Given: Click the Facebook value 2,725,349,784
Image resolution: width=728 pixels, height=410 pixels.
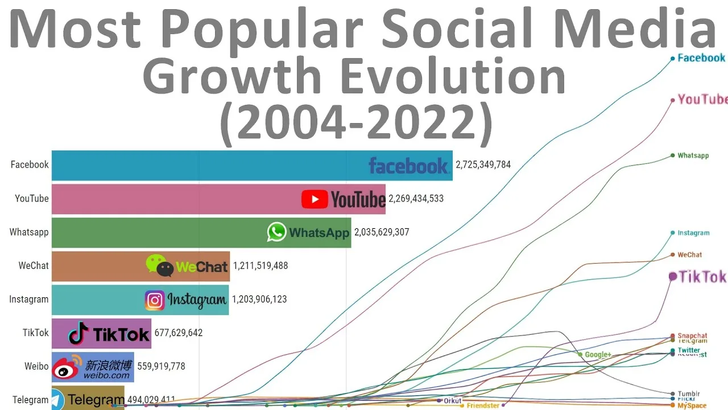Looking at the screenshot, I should click(x=483, y=165).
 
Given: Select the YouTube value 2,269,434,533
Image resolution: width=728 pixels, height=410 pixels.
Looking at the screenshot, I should click(x=416, y=199).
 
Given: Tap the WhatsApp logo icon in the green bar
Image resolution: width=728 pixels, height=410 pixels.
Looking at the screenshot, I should click(x=276, y=232).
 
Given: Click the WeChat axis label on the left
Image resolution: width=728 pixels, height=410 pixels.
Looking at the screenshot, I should click(x=34, y=266).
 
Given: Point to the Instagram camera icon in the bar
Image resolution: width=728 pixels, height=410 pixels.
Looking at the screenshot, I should click(x=155, y=300).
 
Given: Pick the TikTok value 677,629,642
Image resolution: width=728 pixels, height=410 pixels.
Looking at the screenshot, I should click(x=178, y=333).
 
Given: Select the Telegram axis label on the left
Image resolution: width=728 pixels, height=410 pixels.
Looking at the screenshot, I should click(x=30, y=400).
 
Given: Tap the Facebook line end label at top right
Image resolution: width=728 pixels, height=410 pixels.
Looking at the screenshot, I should click(x=701, y=58).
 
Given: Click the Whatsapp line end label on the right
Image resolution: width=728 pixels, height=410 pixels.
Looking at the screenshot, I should click(x=693, y=155).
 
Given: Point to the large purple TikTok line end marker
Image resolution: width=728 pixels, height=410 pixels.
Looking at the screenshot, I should click(x=673, y=276).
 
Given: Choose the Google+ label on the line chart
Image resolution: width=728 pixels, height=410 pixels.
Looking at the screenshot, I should click(x=598, y=355).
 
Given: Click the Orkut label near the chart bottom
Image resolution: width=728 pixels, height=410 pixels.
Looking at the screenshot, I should click(x=453, y=401).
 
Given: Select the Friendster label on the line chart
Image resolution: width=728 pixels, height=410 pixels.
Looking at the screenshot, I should click(x=483, y=406).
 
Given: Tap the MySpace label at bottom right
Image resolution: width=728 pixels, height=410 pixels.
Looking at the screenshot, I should click(x=692, y=406).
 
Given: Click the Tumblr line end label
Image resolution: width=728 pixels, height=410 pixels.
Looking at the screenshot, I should click(x=689, y=394).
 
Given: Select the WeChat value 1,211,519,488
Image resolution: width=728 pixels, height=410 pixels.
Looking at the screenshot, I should click(x=260, y=266).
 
